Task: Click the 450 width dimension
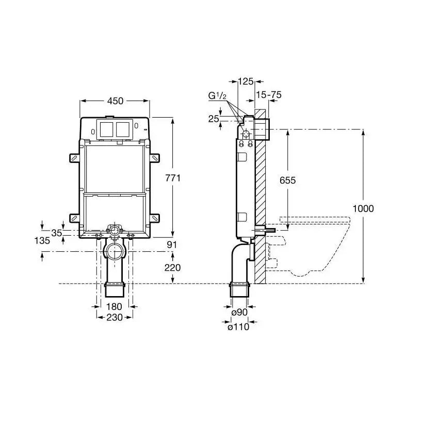coord(115,101)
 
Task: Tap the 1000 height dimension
coord(364,208)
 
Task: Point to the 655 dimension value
coord(287,180)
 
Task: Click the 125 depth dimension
coord(247,82)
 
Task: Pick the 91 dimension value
coord(172,245)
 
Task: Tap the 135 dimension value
coord(43,240)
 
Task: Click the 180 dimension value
coord(114,306)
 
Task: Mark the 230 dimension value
coord(114,317)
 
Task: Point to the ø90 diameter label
coord(239,313)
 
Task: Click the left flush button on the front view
coord(106,130)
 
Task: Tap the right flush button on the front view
coord(123,130)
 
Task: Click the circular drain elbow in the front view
coord(114,252)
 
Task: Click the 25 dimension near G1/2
coord(213,119)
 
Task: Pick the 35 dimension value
coord(57,233)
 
